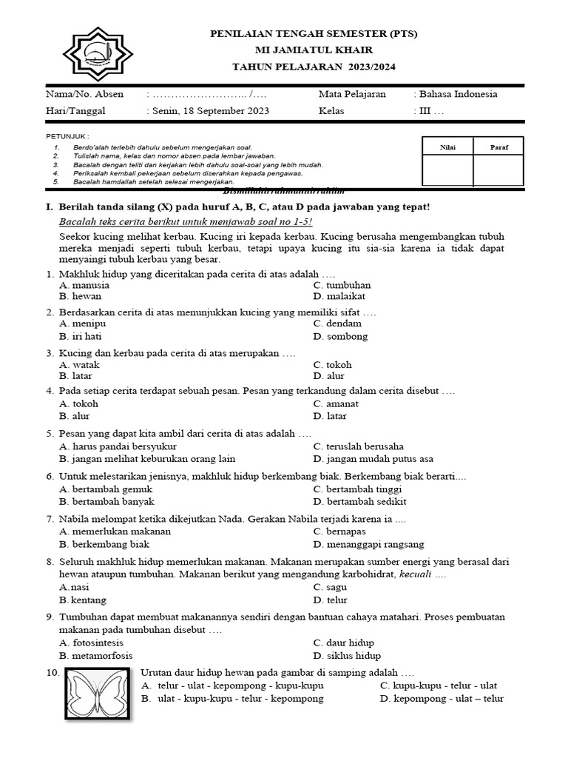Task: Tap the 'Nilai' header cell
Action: (x=447, y=147)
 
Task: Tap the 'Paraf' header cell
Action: (x=499, y=147)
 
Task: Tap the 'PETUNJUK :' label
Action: (x=67, y=137)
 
